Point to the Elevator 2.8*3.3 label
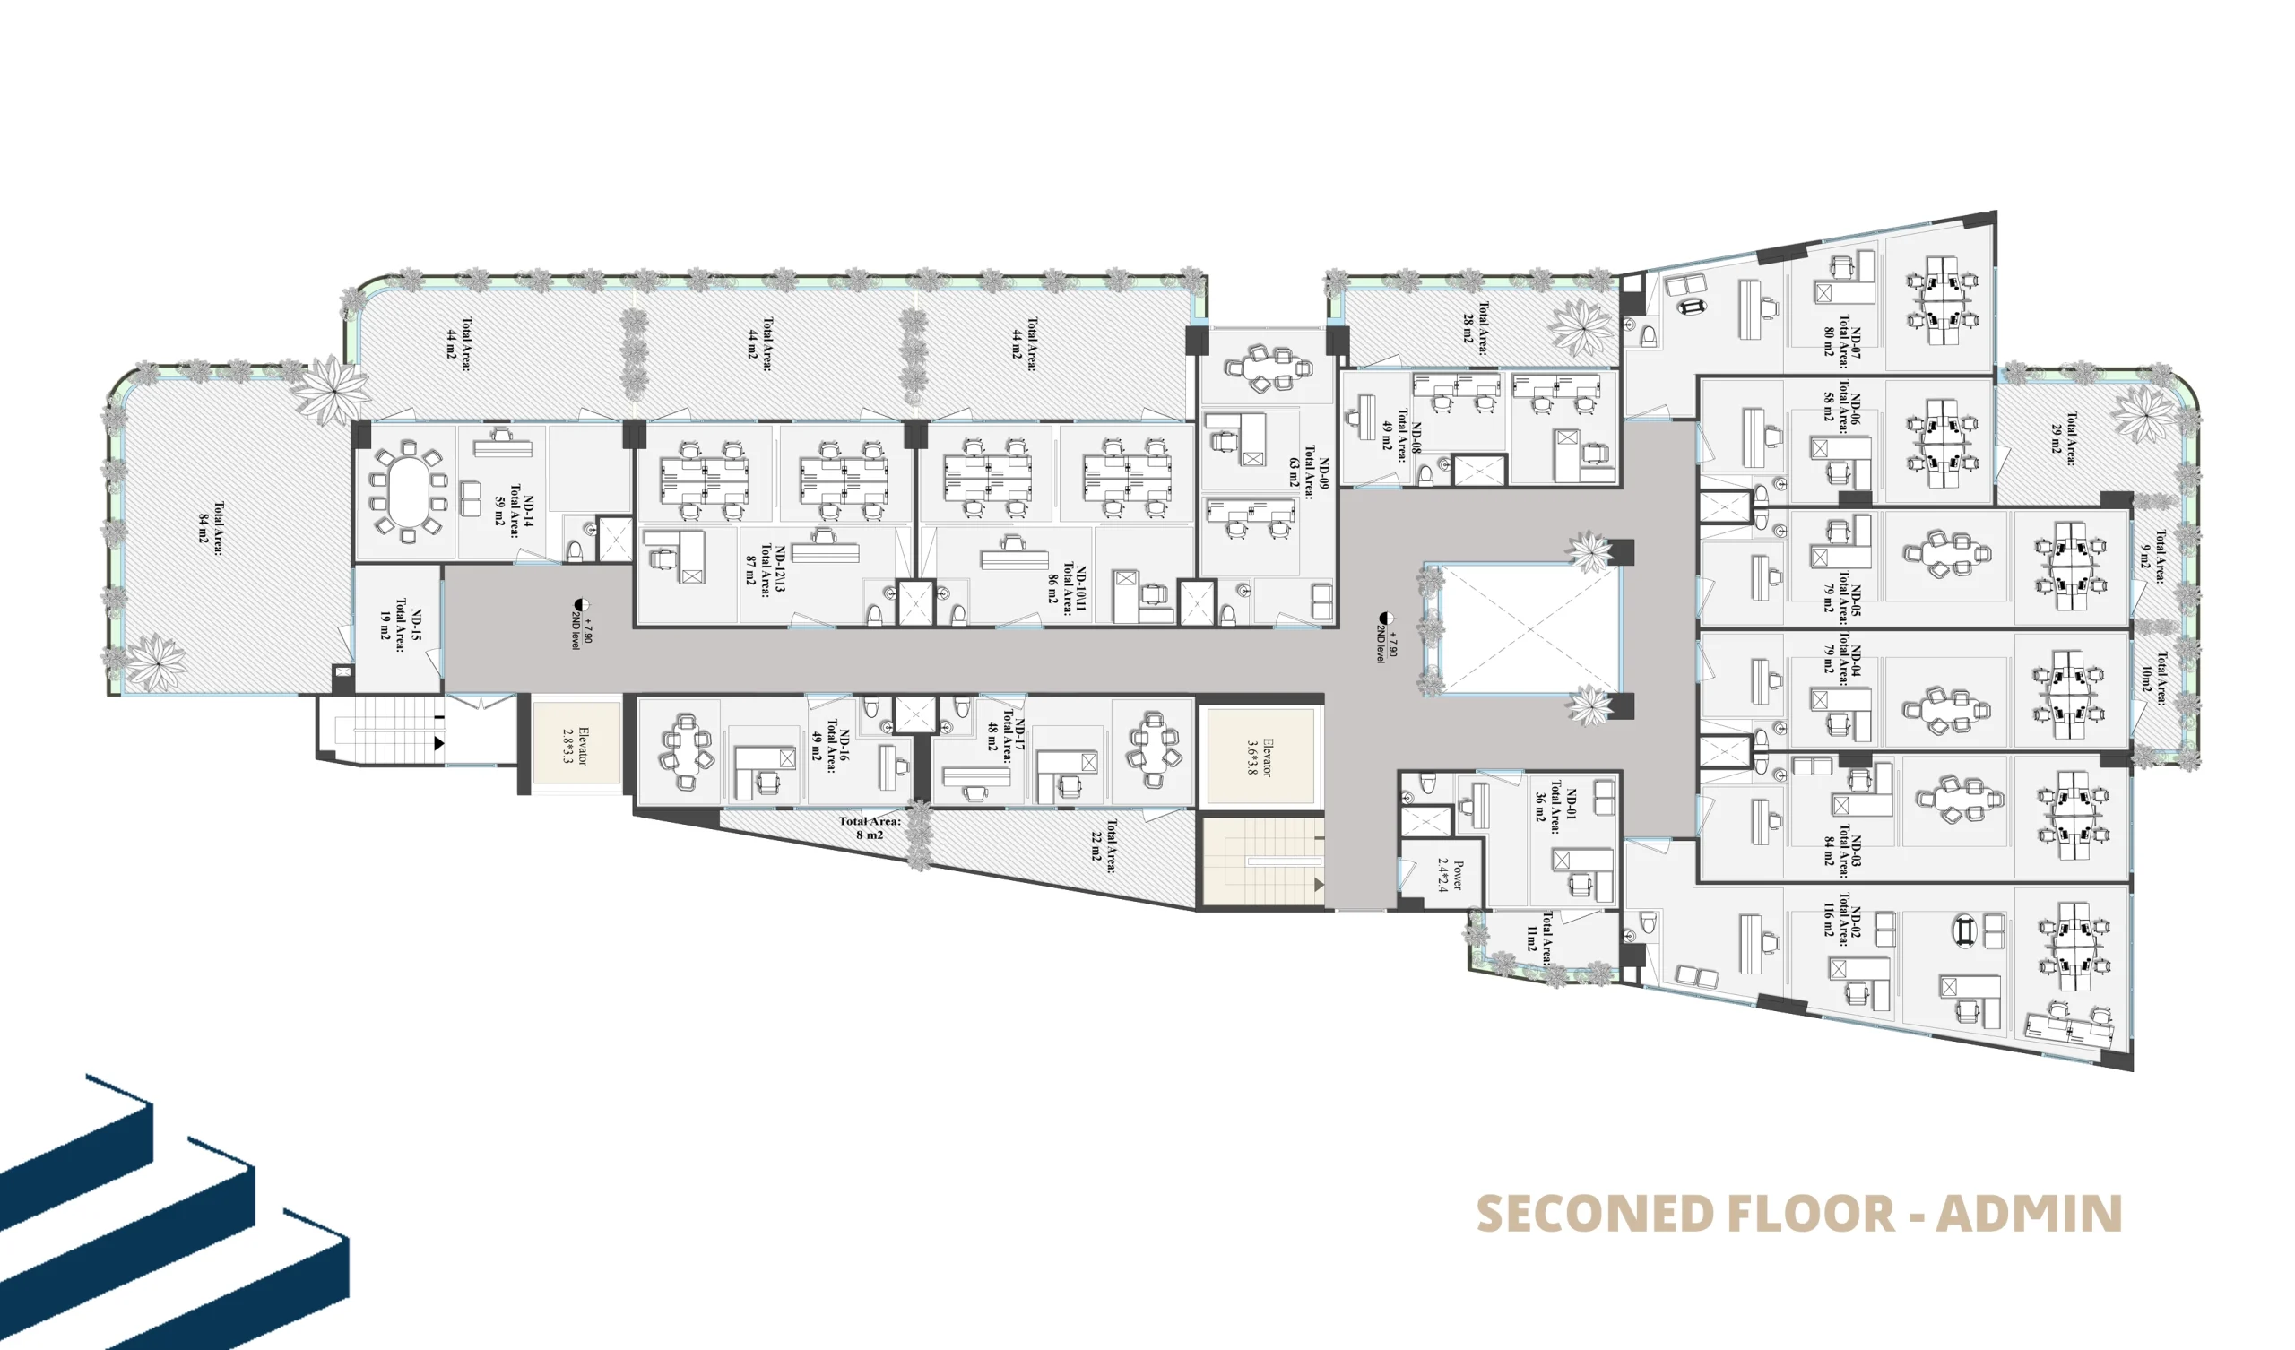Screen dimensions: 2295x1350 coord(575,746)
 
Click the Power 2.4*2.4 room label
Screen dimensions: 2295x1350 coord(1449,875)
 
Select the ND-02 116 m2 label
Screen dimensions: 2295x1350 coord(1843,919)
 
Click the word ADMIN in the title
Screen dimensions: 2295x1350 coord(2029,1215)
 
